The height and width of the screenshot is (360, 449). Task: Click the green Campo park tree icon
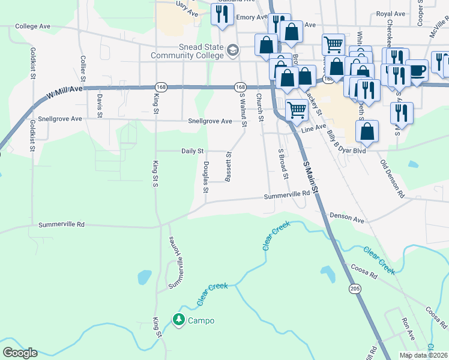(x=178, y=320)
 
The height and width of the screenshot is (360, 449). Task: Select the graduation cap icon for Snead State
(x=232, y=50)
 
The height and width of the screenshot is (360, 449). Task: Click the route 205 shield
(x=355, y=289)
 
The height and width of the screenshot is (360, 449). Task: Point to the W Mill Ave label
(x=64, y=91)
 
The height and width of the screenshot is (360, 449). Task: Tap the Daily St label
(x=193, y=151)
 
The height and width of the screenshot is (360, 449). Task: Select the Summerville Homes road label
(x=175, y=263)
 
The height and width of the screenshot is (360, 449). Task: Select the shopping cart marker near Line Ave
(x=297, y=110)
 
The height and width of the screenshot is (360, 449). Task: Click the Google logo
(x=20, y=353)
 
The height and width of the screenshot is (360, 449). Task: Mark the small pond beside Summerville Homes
(x=144, y=277)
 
